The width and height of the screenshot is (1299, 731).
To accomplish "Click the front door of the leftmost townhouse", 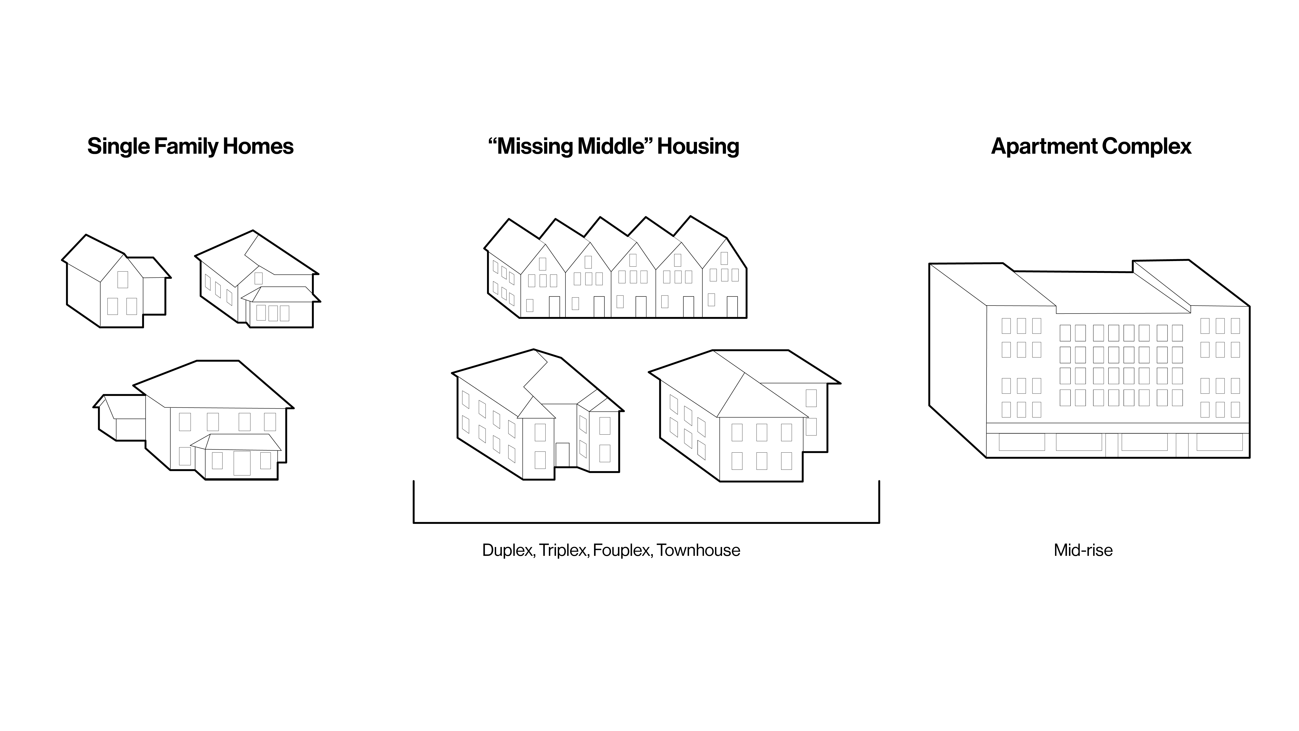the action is (x=554, y=307).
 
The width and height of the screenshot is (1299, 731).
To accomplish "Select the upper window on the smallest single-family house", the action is (x=123, y=280).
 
